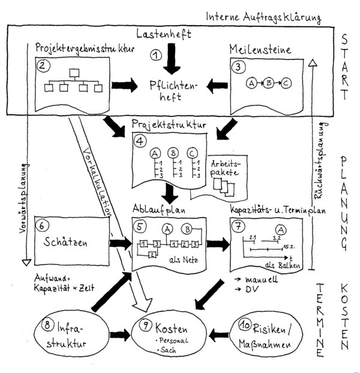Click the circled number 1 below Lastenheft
coord(156,55)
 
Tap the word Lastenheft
coord(164,34)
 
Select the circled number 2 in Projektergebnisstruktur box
coord(43,65)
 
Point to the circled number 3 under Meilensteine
coord(238,67)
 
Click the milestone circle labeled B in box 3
coord(269,83)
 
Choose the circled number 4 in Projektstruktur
coord(140,142)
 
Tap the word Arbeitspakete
coord(226,168)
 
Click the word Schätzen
coord(65,242)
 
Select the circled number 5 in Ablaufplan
coord(140,226)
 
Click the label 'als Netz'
coord(184,259)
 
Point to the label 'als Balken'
coord(283,265)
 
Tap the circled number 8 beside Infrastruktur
coord(47,324)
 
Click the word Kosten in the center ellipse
coord(172,329)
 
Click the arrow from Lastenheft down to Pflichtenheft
coord(172,59)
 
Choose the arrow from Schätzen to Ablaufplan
coord(121,243)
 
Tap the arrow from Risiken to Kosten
coord(219,335)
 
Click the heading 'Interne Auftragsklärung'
coord(263,17)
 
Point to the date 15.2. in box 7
coord(289,246)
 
